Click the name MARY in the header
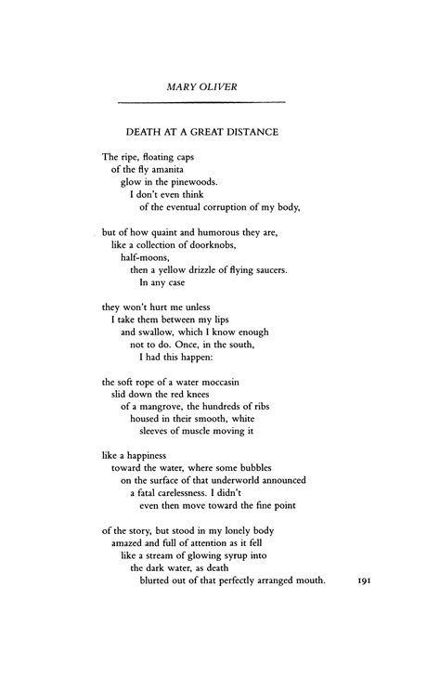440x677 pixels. tap(182, 86)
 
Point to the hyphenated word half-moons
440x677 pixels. tap(142, 257)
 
